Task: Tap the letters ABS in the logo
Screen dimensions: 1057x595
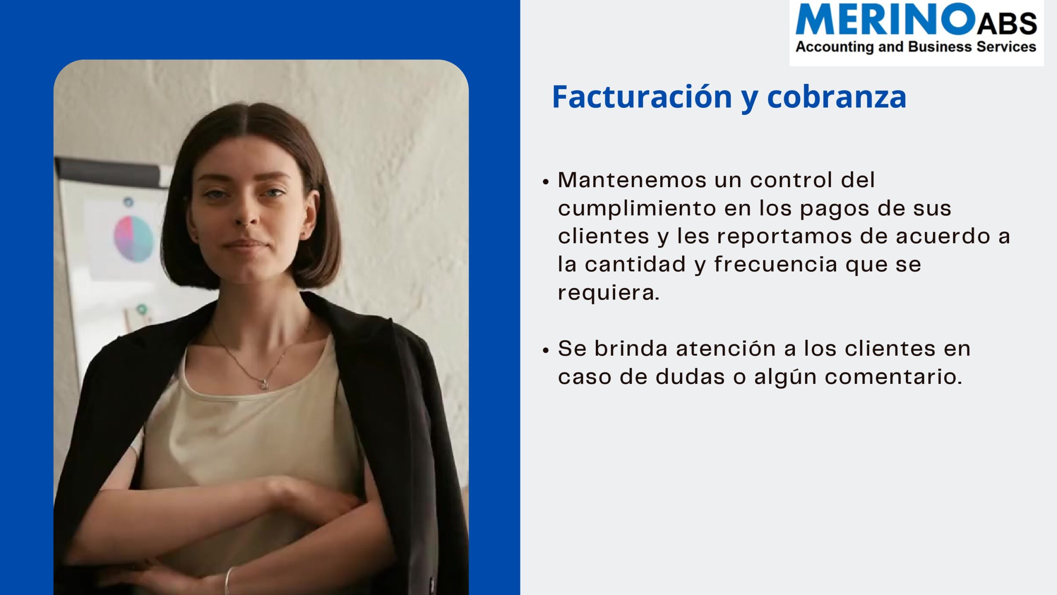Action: (1007, 23)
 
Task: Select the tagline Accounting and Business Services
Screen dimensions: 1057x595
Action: (916, 47)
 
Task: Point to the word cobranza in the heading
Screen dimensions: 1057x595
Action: (837, 97)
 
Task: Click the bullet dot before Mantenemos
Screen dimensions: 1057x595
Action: (546, 182)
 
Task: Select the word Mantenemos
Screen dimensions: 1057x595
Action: (632, 180)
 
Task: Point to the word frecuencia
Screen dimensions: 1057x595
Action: (776, 264)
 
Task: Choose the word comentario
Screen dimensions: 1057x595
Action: (893, 377)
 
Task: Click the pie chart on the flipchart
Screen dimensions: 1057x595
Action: (133, 238)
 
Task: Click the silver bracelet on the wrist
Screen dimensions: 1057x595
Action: (228, 580)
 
